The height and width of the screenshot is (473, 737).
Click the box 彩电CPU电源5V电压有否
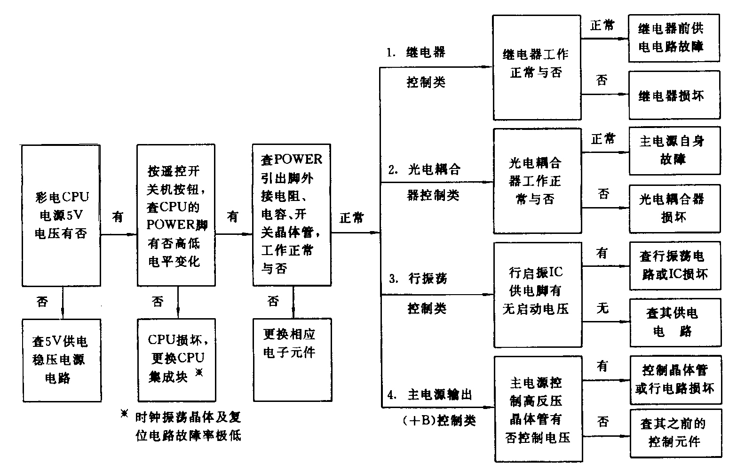point(61,215)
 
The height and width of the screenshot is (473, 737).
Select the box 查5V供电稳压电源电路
point(62,360)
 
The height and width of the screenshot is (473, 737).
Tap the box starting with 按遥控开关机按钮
point(176,215)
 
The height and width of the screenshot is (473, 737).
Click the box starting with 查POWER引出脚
point(292,215)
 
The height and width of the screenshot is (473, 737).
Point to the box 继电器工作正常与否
point(536,67)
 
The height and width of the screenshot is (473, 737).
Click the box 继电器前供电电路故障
point(674,38)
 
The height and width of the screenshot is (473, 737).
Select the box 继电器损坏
point(674,96)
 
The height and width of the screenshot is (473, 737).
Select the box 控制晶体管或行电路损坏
point(675,379)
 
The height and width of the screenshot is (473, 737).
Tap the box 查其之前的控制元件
point(675,433)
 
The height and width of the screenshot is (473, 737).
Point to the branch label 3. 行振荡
point(418,279)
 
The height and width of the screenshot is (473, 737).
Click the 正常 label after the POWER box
point(352,218)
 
